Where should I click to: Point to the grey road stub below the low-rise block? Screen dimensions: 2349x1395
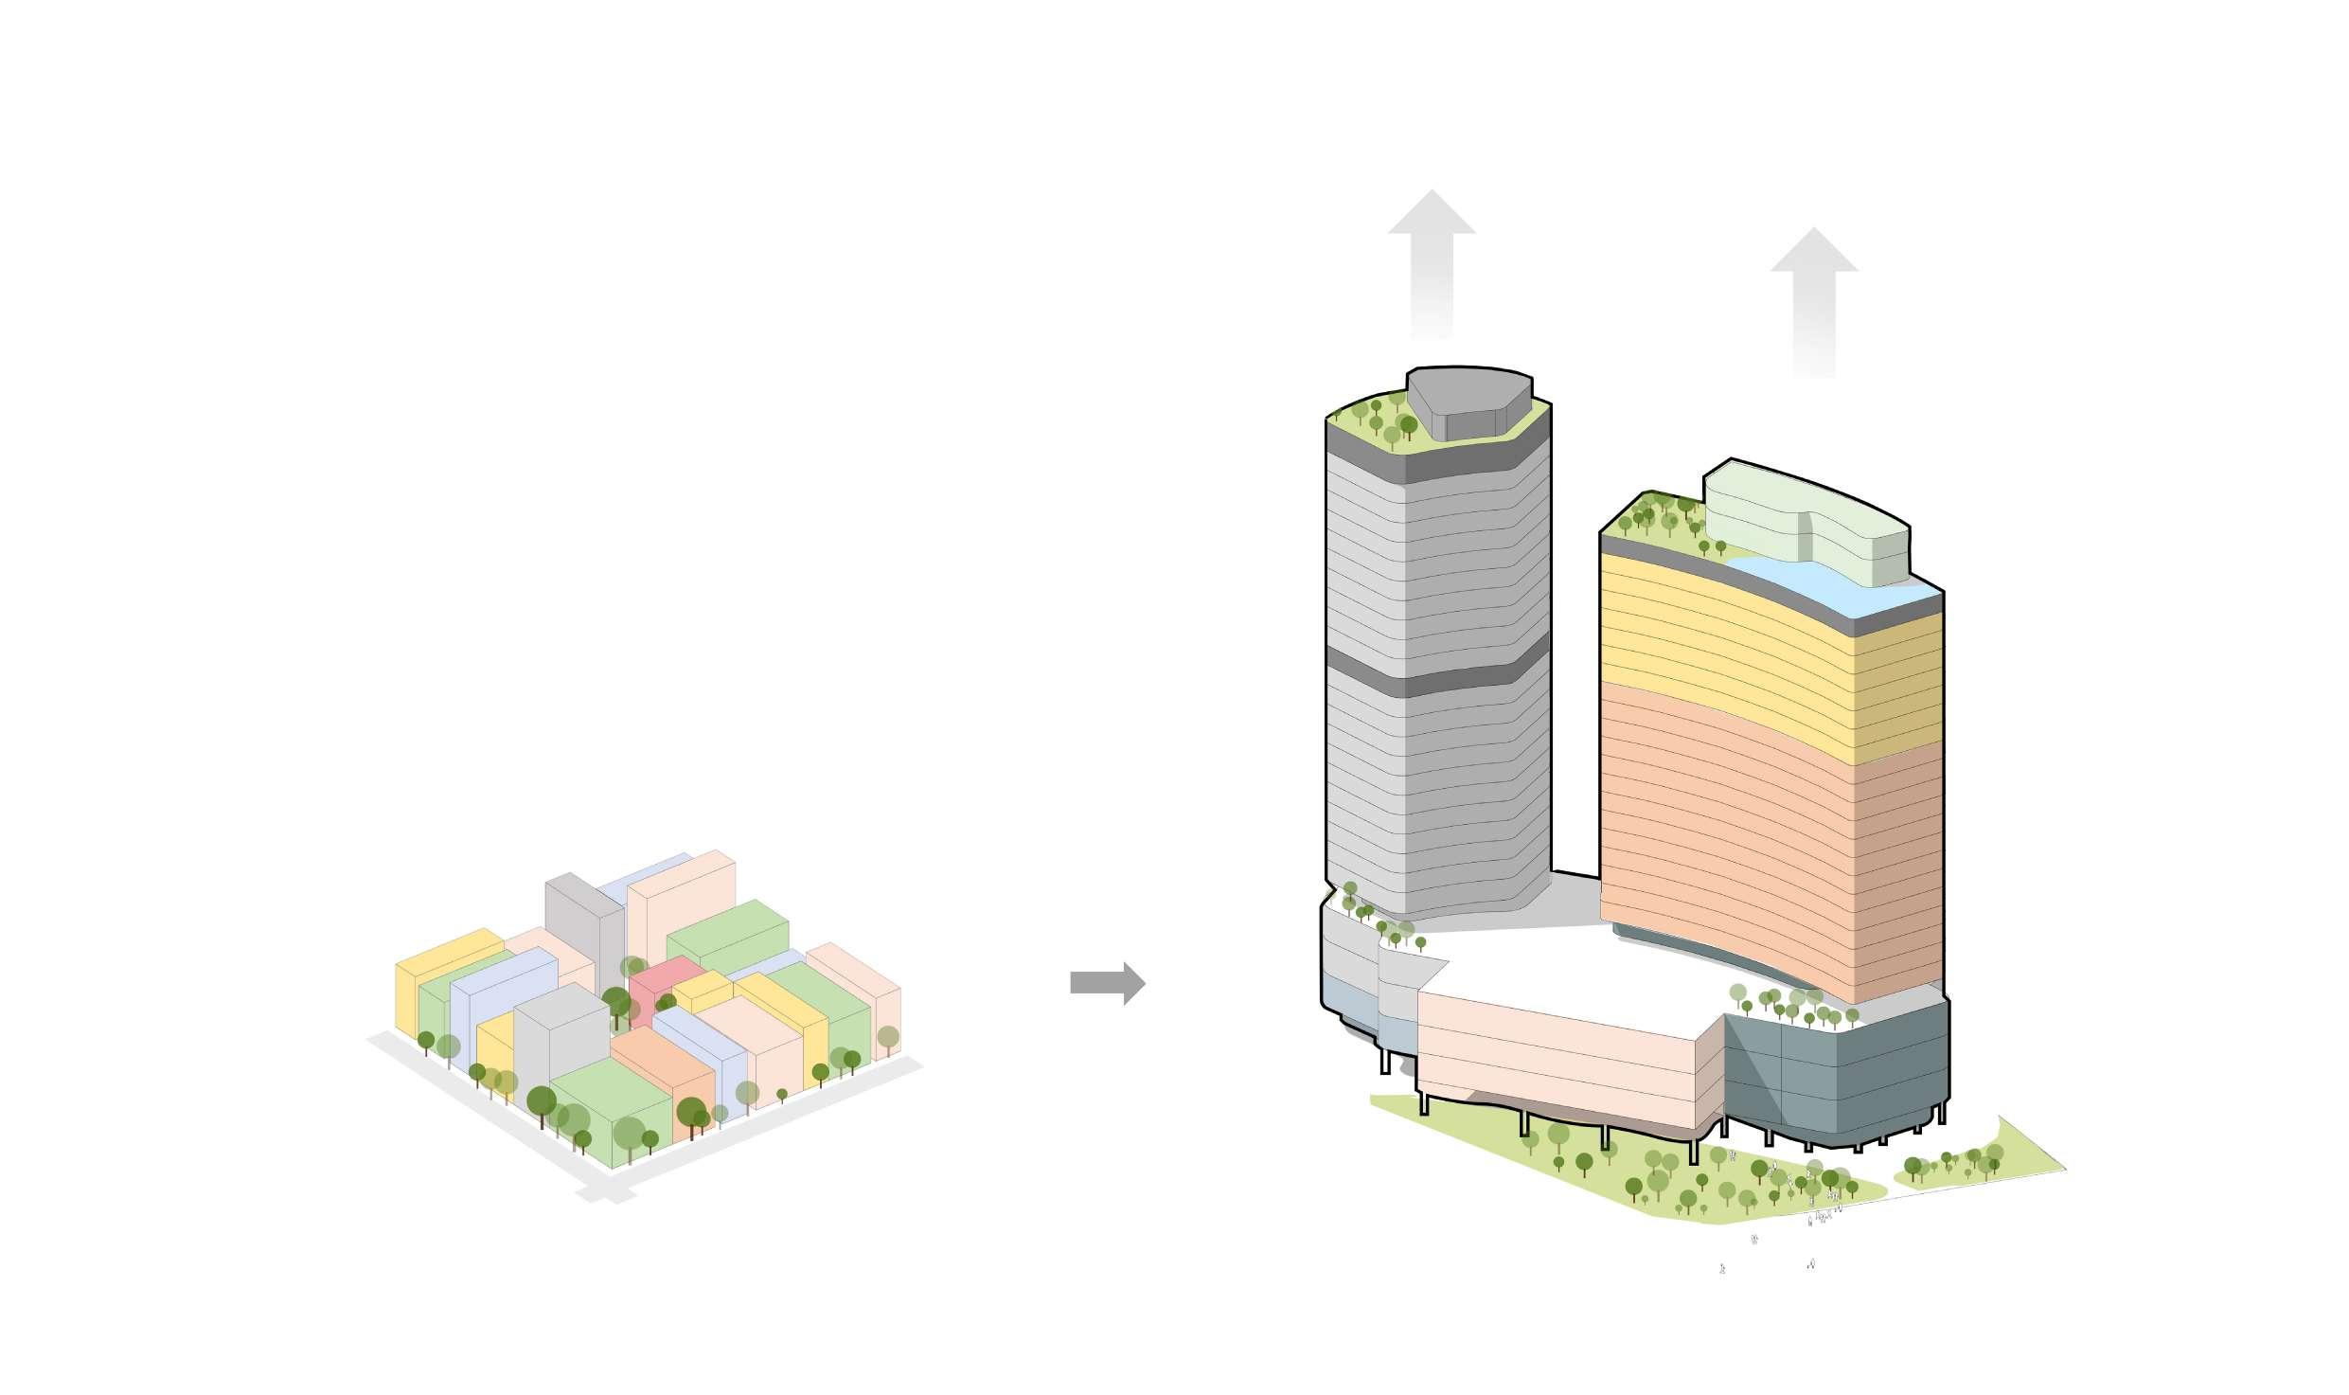606,1193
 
